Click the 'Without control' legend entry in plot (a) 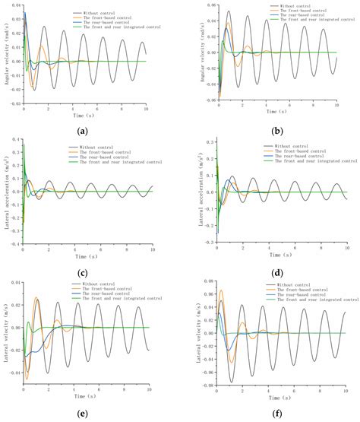[97, 13]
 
